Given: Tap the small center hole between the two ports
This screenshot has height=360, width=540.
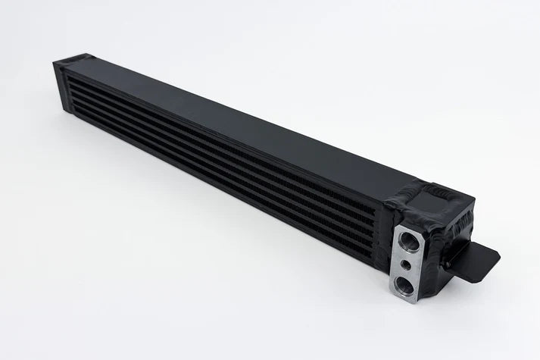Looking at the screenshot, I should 407,265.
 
